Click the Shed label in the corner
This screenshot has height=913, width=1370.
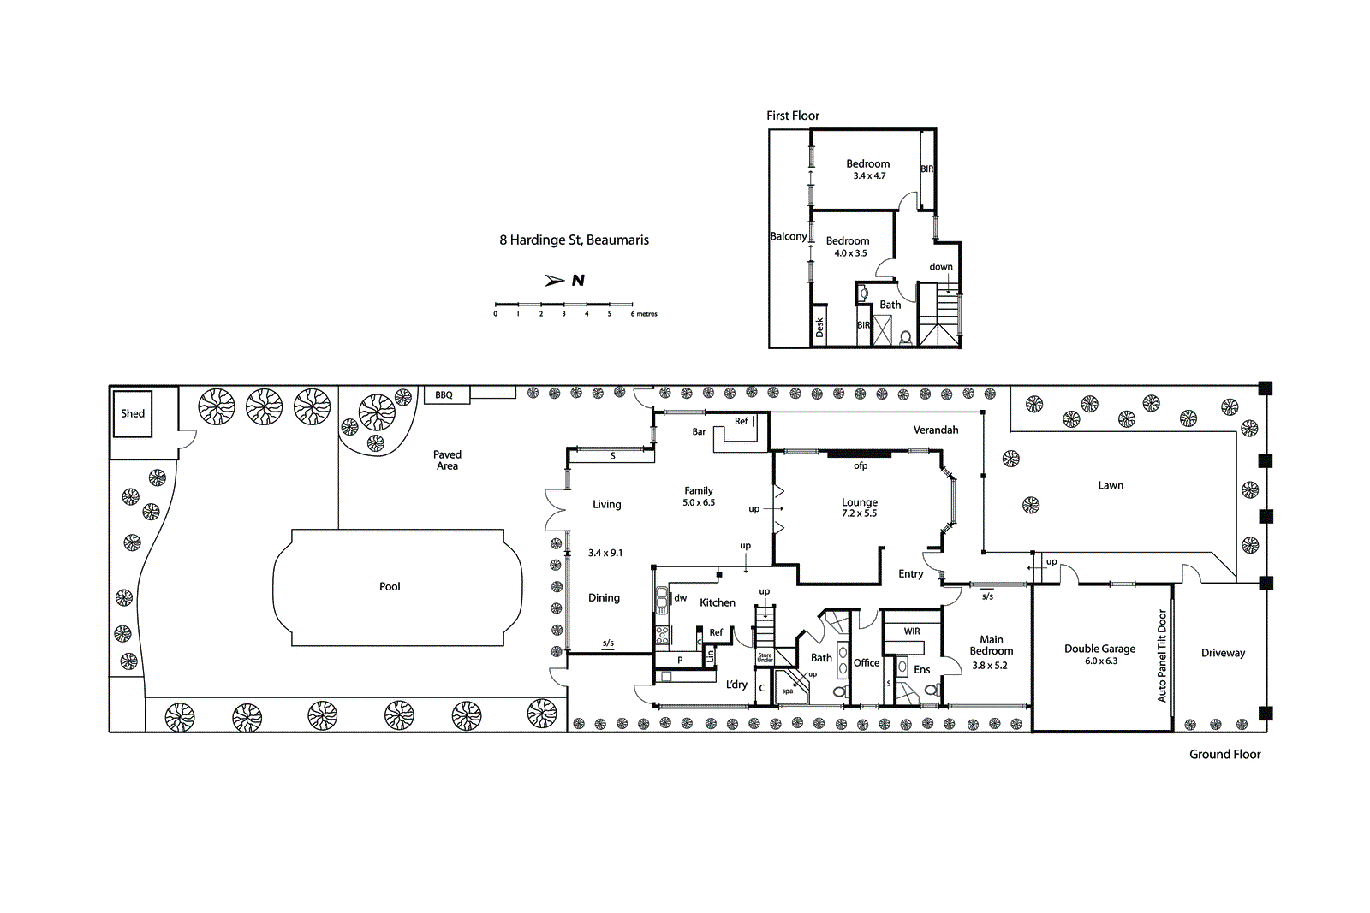click(x=133, y=413)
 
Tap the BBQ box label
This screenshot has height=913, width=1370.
click(x=444, y=395)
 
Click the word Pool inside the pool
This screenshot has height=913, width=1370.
click(x=390, y=586)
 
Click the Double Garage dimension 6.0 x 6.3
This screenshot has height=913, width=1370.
click(x=1101, y=661)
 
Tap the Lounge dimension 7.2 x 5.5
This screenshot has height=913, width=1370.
click(x=859, y=513)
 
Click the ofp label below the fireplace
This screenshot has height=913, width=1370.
click(x=861, y=466)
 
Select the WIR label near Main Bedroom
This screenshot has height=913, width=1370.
click(x=912, y=631)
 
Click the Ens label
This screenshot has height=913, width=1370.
click(x=921, y=670)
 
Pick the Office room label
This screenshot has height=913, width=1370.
click(x=867, y=663)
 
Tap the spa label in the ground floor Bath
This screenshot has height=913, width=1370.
click(x=788, y=691)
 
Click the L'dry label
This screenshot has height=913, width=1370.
click(x=736, y=685)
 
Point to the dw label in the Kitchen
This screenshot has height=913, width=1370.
click(x=681, y=598)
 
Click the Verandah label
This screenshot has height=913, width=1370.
click(x=936, y=430)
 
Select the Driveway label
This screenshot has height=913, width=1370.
click(x=1223, y=653)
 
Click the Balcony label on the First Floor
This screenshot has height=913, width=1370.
click(x=788, y=236)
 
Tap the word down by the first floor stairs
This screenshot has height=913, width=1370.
click(x=941, y=267)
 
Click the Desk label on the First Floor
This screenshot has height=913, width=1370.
click(x=819, y=327)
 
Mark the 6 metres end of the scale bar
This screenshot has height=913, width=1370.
click(x=643, y=314)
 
